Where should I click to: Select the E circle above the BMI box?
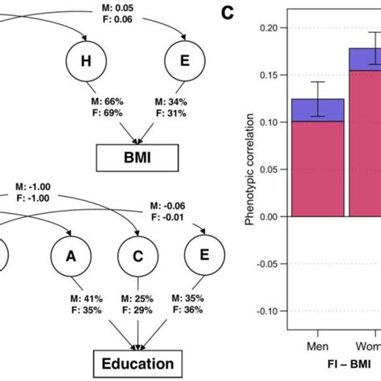[182, 62]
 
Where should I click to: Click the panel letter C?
[229, 12]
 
